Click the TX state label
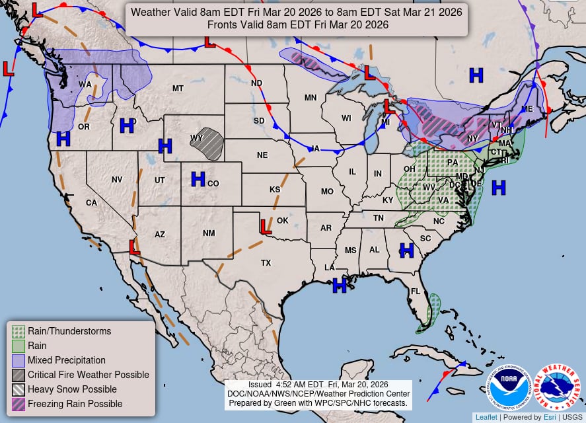(266, 262)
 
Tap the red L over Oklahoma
(264, 227)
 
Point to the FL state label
(416, 291)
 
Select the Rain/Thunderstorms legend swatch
(18, 331)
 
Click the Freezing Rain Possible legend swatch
(18, 404)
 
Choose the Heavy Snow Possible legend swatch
(18, 389)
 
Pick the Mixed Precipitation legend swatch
(18, 360)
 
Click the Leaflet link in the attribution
(486, 417)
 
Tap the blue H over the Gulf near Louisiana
(340, 285)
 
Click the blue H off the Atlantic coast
(498, 187)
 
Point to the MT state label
(178, 89)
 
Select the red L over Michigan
(389, 106)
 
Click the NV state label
(117, 179)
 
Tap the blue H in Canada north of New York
(476, 75)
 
